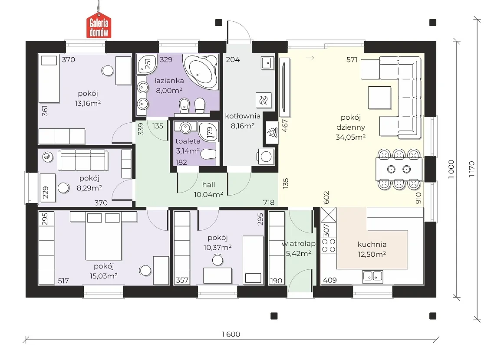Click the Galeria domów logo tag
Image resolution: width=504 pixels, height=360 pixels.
99,26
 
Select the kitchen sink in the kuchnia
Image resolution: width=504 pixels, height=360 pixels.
372,276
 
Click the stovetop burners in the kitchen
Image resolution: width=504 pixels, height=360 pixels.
329,245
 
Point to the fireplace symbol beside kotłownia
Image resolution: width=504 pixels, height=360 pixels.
272,132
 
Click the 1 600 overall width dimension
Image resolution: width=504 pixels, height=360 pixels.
231,334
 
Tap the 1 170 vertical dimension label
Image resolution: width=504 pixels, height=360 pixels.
471,169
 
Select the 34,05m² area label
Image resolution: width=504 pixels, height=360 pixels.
350,137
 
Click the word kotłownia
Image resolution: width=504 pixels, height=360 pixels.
243,116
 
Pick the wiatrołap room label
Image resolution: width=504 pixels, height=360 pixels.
299,244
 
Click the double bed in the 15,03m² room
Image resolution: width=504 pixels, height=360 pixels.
103,236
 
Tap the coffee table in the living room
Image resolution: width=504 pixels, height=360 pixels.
379,98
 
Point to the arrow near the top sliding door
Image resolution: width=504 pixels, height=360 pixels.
310,58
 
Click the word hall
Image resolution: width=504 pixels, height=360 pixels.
209,185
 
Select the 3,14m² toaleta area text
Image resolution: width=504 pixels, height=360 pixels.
188,151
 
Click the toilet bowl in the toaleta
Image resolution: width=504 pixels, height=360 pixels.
209,154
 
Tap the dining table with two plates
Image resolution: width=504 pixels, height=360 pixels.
399,169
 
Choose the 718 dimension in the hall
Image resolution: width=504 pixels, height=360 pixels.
269,202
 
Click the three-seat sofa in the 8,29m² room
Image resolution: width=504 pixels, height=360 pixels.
83,160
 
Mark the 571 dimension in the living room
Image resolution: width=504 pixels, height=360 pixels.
352,60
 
